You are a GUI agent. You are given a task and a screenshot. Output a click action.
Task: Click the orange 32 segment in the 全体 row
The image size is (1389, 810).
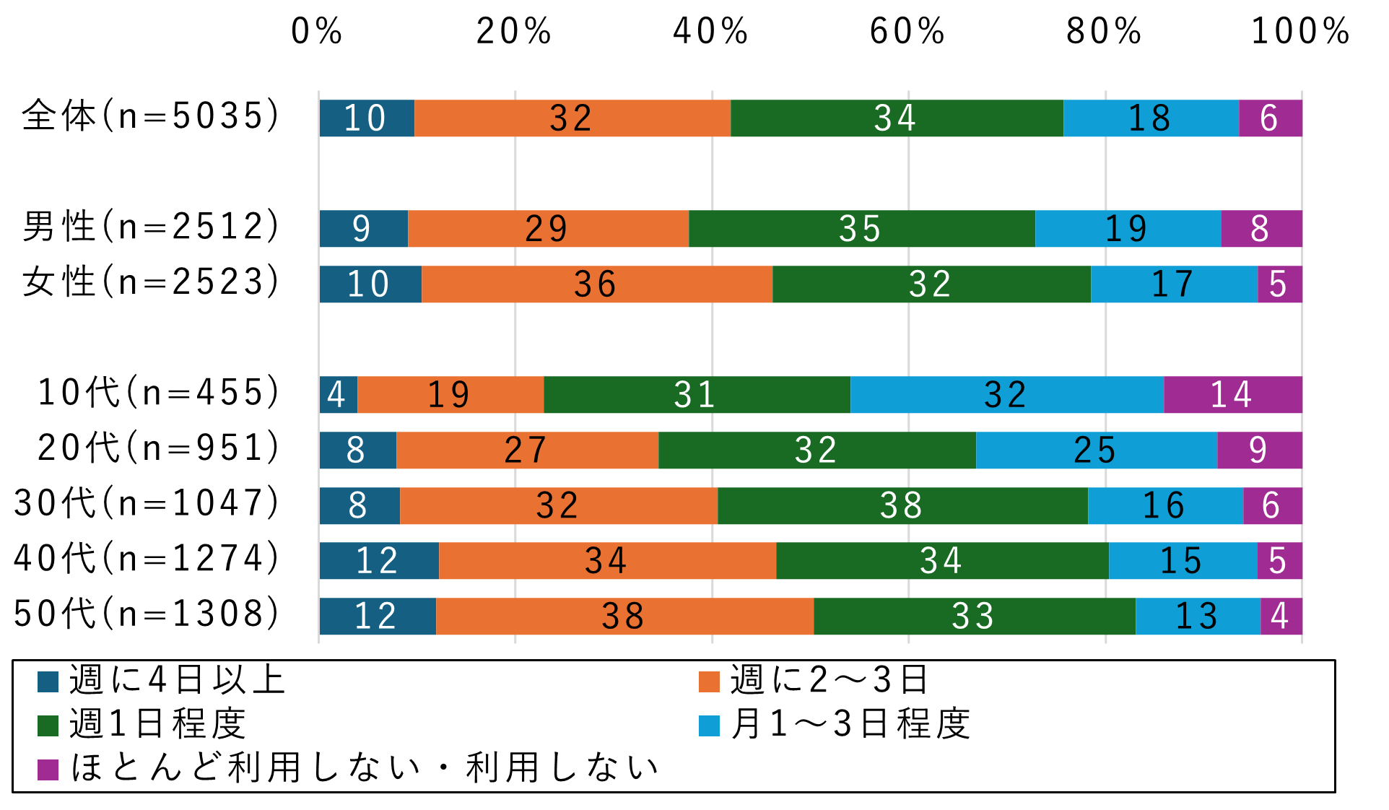tap(572, 118)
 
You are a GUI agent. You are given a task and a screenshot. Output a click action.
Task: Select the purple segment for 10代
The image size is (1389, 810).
tap(1232, 395)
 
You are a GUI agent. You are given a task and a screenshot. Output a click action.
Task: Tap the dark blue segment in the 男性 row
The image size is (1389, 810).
tap(363, 229)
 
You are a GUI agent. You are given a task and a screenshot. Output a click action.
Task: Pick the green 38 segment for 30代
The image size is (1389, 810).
tap(902, 505)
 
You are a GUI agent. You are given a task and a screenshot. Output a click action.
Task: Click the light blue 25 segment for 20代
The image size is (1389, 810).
tap(1096, 450)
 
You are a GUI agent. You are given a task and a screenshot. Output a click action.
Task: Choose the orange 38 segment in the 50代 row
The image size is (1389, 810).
tap(624, 617)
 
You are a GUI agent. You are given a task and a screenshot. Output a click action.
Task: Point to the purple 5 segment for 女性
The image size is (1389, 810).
tap(1279, 284)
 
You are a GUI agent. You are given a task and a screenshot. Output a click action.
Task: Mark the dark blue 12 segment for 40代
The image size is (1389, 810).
tap(378, 561)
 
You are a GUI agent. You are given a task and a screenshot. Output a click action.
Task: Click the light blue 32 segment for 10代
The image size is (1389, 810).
tap(1006, 395)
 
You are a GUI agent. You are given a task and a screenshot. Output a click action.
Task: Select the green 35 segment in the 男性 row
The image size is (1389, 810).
tap(861, 229)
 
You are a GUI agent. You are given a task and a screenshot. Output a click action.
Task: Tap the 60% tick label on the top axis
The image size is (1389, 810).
tap(907, 32)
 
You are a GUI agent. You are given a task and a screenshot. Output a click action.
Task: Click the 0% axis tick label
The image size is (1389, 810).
tap(317, 32)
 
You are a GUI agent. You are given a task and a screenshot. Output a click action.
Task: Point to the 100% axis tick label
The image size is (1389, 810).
tap(1300, 32)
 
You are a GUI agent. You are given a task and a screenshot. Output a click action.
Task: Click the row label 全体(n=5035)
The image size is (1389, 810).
tap(150, 116)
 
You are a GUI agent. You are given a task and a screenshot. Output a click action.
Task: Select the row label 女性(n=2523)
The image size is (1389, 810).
tap(150, 282)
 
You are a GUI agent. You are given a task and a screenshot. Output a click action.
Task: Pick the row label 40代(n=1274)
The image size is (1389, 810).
tap(147, 558)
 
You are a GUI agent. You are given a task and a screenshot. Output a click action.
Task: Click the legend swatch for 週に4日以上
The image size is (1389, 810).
tap(48, 681)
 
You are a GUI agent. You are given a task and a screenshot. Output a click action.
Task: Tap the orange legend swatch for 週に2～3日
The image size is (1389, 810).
tap(709, 681)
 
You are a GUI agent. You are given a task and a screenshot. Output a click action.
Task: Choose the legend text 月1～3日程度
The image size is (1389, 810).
tap(850, 724)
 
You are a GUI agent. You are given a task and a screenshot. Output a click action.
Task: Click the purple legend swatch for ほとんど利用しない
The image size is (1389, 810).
tap(48, 770)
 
